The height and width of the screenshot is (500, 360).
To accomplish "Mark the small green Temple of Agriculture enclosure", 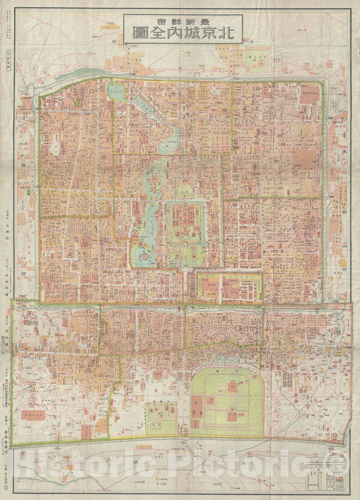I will click(x=161, y=419).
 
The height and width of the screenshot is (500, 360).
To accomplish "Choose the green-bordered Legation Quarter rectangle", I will click(x=228, y=288).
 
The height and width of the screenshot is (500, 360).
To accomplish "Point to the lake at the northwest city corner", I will click(x=117, y=91).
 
